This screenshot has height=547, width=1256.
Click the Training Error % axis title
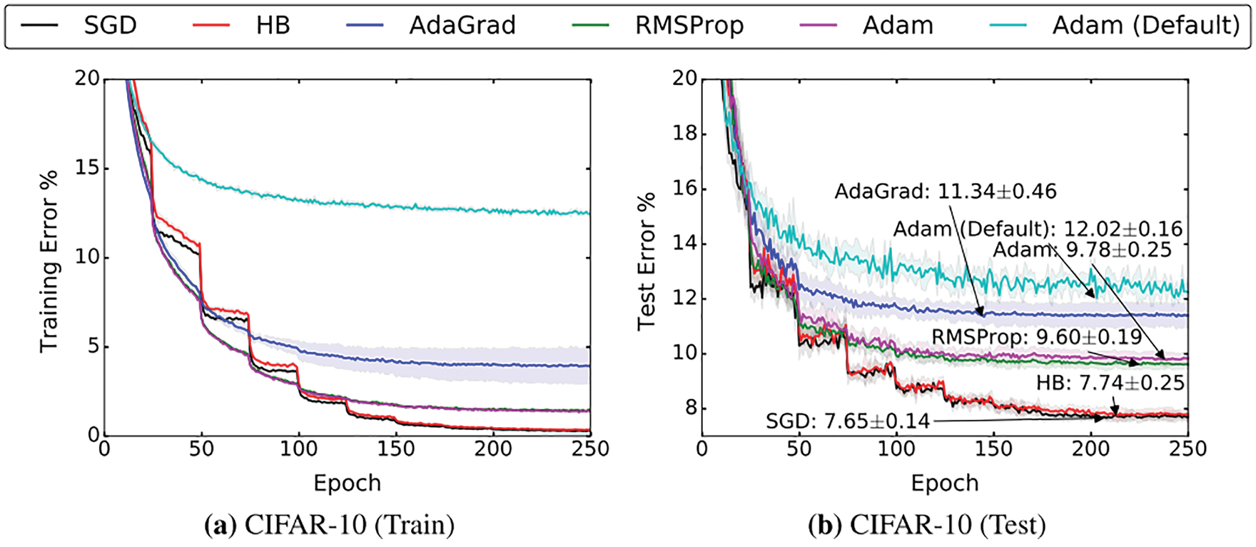pyautogui.click(x=49, y=257)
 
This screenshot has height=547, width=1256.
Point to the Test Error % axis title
pyautogui.click(x=647, y=261)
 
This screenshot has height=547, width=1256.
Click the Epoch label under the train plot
pyautogui.click(x=348, y=483)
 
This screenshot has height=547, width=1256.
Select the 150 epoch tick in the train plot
pyautogui.click(x=396, y=449)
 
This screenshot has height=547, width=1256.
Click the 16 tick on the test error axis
pyautogui.click(x=685, y=189)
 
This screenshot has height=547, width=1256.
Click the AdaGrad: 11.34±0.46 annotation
pyautogui.click(x=946, y=191)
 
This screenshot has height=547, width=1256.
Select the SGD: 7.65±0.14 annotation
pyautogui.click(x=848, y=421)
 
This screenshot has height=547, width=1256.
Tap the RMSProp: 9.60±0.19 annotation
pyautogui.click(x=1036, y=336)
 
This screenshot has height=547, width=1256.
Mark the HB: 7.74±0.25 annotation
pyautogui.click(x=1110, y=383)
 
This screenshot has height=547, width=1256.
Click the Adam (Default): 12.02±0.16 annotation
pyautogui.click(x=1038, y=229)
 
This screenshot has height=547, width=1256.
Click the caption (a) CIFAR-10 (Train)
pyautogui.click(x=329, y=526)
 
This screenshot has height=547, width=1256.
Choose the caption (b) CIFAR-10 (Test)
pyautogui.click(x=927, y=526)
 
